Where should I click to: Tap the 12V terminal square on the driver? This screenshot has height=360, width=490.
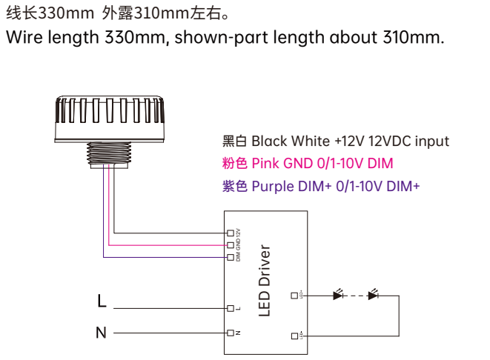click(x=231, y=233)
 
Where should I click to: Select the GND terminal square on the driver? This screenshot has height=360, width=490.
click(x=231, y=244)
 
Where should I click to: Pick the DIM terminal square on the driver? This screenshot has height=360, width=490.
click(x=231, y=257)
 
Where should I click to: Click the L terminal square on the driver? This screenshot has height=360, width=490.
click(x=231, y=307)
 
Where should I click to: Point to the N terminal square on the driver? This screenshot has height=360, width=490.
click(x=231, y=333)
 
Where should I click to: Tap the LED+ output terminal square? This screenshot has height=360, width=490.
click(x=294, y=296)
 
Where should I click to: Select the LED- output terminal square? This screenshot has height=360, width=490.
click(x=294, y=336)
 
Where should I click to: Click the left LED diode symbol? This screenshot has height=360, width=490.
click(x=339, y=296)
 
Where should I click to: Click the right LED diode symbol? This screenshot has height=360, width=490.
click(x=373, y=296)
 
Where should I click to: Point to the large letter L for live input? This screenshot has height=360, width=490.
click(x=102, y=301)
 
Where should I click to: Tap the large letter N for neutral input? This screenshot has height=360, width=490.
click(x=102, y=333)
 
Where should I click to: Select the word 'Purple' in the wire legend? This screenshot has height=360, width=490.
click(x=272, y=186)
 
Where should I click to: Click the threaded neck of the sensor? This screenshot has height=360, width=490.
click(x=110, y=153)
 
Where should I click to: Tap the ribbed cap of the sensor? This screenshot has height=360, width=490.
click(x=110, y=115)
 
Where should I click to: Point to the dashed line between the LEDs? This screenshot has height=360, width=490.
click(x=356, y=296)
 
